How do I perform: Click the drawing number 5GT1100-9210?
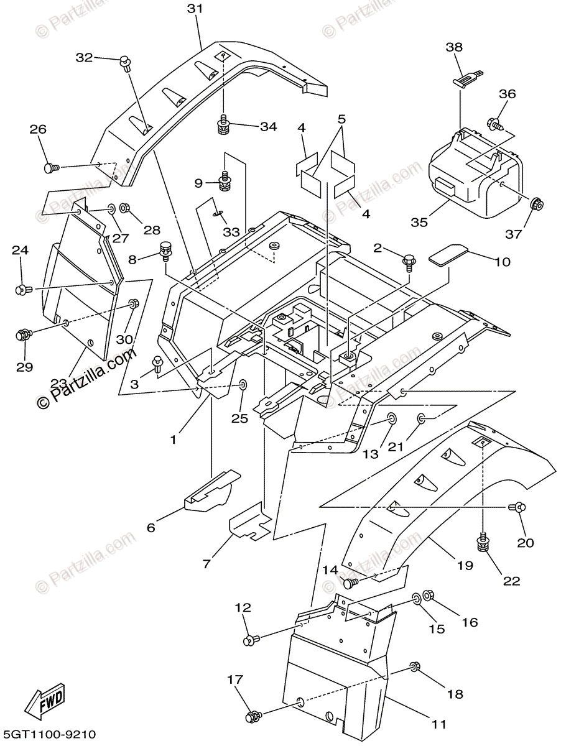tap(49, 735)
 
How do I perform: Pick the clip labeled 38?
tap(465, 78)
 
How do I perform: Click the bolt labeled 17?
tap(254, 717)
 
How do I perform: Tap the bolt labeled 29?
tap(22, 336)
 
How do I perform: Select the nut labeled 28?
tap(124, 208)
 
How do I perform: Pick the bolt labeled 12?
tap(250, 638)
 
